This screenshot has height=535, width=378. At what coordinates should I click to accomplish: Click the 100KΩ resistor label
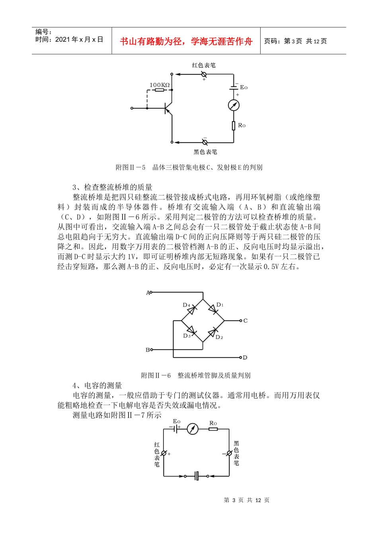[x=160, y=85]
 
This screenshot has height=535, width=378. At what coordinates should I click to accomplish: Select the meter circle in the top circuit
[x=234, y=105]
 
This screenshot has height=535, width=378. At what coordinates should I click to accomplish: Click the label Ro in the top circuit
[x=242, y=125]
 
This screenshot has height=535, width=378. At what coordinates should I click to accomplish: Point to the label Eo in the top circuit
[x=244, y=88]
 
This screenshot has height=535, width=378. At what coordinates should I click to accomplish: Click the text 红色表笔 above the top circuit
[x=204, y=65]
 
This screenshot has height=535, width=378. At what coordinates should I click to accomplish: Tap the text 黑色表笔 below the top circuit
[x=205, y=152]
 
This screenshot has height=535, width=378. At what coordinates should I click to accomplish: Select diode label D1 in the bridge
[x=220, y=305]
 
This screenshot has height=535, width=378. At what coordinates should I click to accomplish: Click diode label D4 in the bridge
[x=186, y=305]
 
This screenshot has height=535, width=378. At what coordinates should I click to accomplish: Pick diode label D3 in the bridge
[x=187, y=336]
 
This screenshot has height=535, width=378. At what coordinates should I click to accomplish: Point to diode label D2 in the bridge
[x=219, y=337]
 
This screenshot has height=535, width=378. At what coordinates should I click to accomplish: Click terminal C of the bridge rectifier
[x=245, y=320]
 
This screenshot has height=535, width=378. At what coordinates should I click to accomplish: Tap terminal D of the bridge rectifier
[x=245, y=357]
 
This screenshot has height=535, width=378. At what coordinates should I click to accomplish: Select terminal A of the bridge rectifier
[x=148, y=293]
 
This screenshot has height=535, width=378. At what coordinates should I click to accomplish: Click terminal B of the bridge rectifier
[x=148, y=350]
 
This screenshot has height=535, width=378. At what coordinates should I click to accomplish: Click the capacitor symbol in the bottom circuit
[x=197, y=476]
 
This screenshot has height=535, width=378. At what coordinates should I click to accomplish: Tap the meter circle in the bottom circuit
[x=193, y=429]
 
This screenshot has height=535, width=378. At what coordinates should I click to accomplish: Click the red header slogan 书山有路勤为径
[x=186, y=41]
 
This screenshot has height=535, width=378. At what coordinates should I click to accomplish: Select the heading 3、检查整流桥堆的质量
[x=112, y=187]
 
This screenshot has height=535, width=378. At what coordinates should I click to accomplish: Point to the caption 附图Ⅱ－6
[x=156, y=375]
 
